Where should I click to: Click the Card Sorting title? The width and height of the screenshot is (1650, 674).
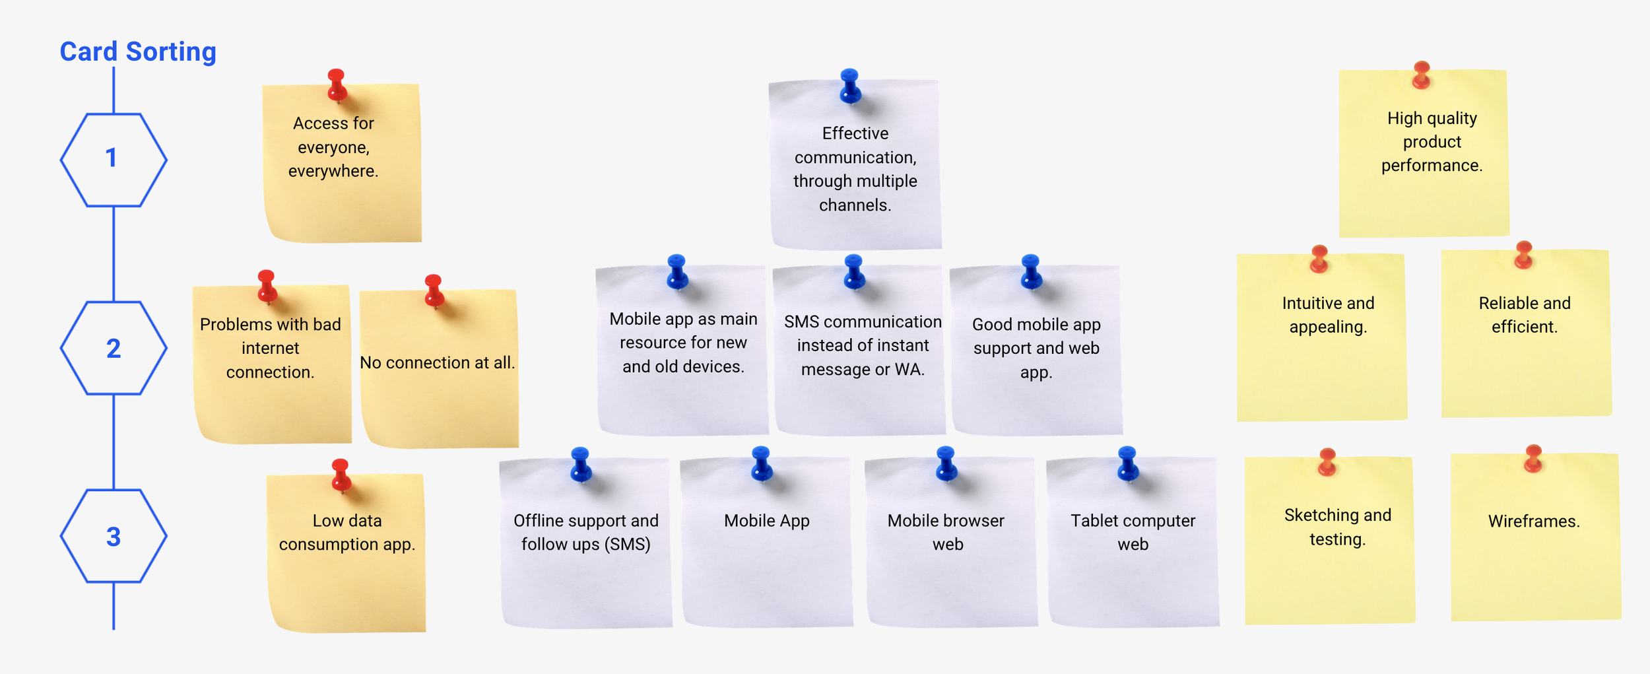click(x=138, y=51)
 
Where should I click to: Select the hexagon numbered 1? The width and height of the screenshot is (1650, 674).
click(x=113, y=159)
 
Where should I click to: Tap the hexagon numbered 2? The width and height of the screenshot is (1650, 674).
click(x=113, y=348)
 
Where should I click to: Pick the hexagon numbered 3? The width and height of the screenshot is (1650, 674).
click(x=113, y=536)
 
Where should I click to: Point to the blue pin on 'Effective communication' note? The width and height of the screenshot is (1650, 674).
click(x=850, y=84)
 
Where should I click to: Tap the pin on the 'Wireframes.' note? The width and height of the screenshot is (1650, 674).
click(x=1533, y=457)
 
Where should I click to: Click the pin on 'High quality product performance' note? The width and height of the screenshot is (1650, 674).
click(x=1422, y=74)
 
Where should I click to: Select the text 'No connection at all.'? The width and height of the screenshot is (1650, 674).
click(x=437, y=362)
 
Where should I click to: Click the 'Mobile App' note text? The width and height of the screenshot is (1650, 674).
click(x=766, y=521)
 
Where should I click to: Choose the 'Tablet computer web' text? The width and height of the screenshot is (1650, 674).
click(x=1133, y=532)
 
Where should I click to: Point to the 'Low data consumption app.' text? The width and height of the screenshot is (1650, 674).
click(x=347, y=532)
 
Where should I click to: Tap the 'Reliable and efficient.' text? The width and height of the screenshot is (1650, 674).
click(x=1525, y=315)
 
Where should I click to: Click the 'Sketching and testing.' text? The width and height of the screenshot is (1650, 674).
click(x=1338, y=527)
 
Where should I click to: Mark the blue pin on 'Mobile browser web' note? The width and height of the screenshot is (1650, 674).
click(x=946, y=462)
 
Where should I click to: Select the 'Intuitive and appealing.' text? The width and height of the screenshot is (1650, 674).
click(x=1328, y=315)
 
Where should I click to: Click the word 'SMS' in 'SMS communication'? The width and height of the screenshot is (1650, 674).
click(x=801, y=321)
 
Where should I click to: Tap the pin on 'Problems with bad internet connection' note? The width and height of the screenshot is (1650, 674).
click(x=267, y=285)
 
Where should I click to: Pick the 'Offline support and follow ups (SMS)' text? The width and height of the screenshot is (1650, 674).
click(x=586, y=532)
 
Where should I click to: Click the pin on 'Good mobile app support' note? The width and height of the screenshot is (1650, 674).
click(x=1031, y=271)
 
